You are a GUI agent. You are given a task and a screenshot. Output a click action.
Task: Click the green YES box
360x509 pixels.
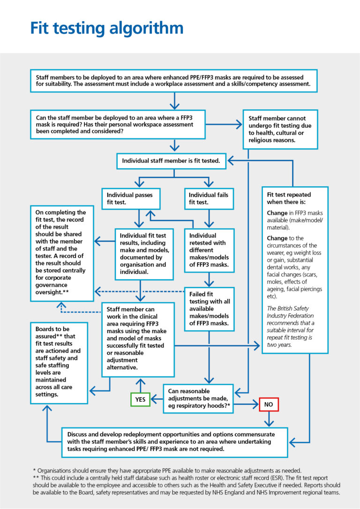[140, 400]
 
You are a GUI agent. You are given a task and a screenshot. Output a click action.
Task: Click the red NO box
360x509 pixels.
[269, 404]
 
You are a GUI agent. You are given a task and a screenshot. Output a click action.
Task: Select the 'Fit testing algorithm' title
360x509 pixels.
[107, 28]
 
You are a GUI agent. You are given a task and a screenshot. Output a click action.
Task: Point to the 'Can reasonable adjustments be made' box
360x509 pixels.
[198, 398]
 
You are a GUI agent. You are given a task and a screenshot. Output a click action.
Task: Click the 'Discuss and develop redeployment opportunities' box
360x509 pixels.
[174, 441]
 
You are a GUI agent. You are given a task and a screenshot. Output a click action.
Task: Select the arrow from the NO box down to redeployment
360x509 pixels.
[269, 418]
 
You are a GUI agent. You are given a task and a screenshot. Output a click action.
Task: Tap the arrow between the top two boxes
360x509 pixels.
[174, 101]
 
